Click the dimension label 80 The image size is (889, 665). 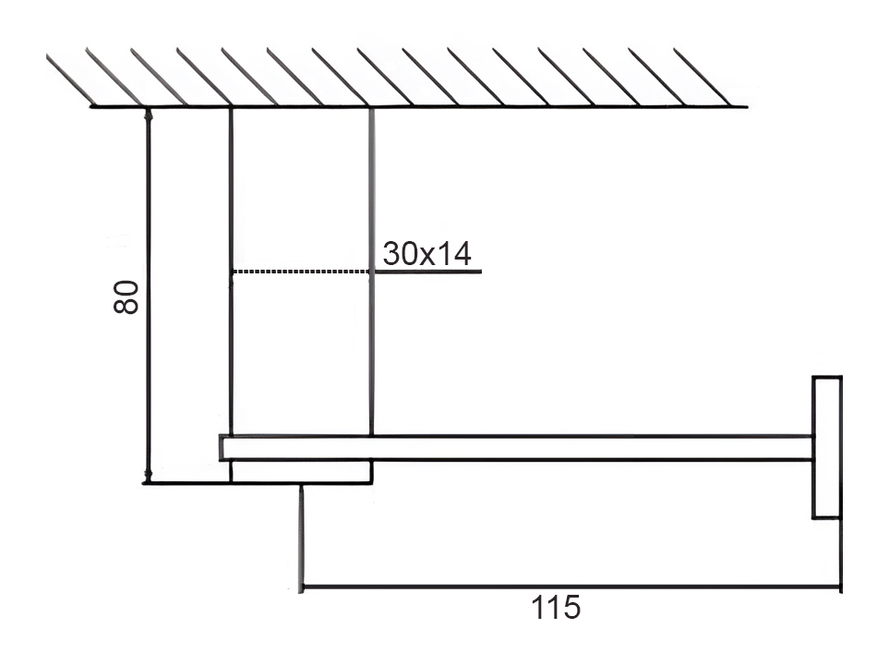click(x=126, y=296)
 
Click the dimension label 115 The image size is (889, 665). click(x=556, y=608)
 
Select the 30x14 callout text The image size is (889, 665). click(x=426, y=253)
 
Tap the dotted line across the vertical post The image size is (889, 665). click(x=301, y=272)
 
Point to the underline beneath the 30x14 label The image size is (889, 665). click(x=426, y=272)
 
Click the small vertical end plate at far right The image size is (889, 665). click(x=827, y=447)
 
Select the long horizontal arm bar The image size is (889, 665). click(x=516, y=448)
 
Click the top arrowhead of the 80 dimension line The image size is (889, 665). click(x=149, y=114)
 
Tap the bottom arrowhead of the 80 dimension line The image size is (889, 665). click(x=149, y=476)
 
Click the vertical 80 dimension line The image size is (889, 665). click(x=149, y=295)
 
